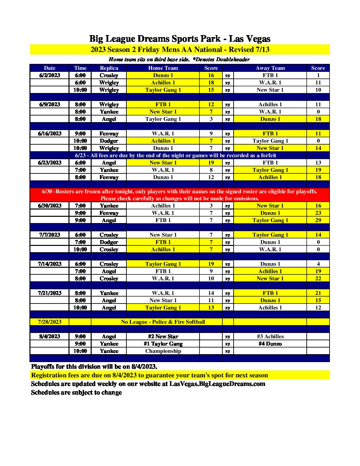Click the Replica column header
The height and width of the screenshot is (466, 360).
(109, 68)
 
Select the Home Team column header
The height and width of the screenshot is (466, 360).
(163, 68)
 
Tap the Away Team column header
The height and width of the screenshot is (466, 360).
(270, 68)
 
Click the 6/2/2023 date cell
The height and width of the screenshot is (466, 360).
(50, 75)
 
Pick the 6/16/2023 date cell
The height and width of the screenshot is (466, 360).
(50, 133)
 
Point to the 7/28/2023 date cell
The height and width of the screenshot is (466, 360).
(50, 322)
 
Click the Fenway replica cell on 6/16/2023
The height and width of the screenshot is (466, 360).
(109, 133)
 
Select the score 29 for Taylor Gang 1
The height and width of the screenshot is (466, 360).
(318, 220)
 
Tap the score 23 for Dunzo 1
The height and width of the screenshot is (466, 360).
(318, 213)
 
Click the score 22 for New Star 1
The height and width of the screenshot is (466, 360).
(318, 278)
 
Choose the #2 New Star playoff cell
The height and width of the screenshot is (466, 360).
(163, 336)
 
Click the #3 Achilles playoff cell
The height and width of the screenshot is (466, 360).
(270, 336)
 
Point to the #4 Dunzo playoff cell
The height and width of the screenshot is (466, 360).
(270, 344)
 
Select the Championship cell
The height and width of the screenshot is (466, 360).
(163, 351)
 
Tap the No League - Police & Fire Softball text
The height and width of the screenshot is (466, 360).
(163, 322)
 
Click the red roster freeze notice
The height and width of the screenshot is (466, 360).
(180, 195)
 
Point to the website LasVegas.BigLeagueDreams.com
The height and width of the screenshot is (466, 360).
(217, 384)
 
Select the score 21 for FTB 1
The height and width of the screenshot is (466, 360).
(318, 293)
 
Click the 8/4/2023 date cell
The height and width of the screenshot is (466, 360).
(50, 336)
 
